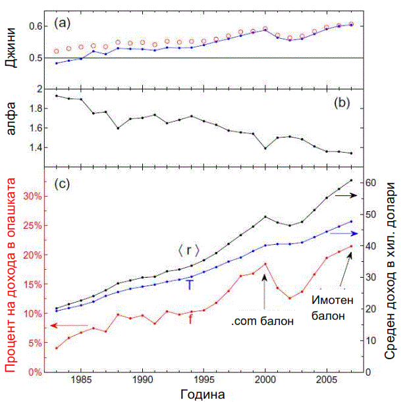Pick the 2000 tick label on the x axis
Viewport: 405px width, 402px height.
coord(265,380)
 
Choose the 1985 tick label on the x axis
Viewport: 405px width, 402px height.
coord(82,380)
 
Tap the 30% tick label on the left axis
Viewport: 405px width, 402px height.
coord(32,196)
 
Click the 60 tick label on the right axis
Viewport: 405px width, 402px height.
coord(370,182)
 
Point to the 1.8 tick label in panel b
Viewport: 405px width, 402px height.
coord(36,109)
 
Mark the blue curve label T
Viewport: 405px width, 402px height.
coord(190,285)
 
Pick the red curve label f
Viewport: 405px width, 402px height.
coord(191,320)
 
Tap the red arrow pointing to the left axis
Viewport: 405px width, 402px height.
coord(68,325)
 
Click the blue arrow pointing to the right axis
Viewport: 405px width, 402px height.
coord(344,234)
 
